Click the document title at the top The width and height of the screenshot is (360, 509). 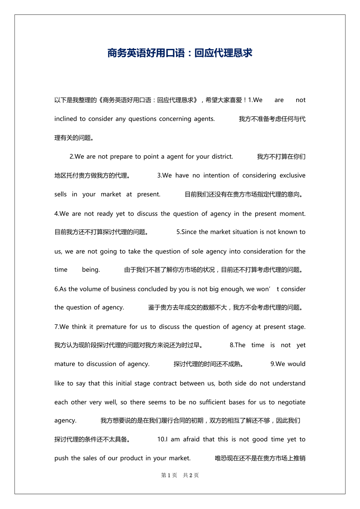pos(180,53)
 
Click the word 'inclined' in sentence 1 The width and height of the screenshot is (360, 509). pos(65,119)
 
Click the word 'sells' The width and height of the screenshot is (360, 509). pos(61,194)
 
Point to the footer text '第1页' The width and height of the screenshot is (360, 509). pos(169,475)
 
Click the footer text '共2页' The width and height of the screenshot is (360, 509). pos(191,475)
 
